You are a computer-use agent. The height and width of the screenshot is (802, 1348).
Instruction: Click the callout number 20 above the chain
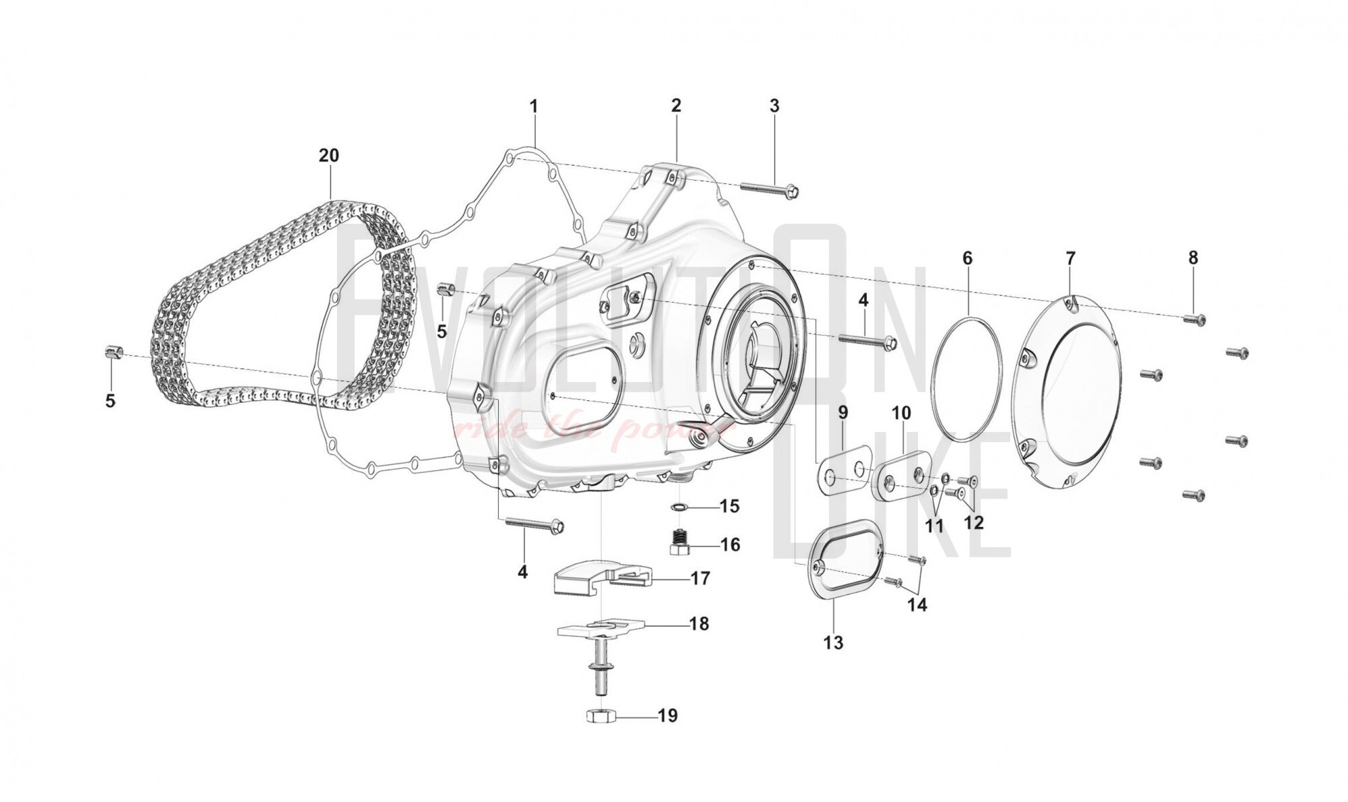(x=329, y=156)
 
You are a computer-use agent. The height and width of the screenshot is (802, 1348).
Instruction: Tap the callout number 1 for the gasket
(x=534, y=106)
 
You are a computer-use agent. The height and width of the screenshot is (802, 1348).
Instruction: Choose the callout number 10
(x=902, y=412)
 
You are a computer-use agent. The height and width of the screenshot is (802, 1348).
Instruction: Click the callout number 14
(x=917, y=605)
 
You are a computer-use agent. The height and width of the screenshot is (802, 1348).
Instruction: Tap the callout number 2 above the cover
(x=676, y=106)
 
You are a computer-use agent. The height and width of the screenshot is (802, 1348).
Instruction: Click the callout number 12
(x=974, y=522)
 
